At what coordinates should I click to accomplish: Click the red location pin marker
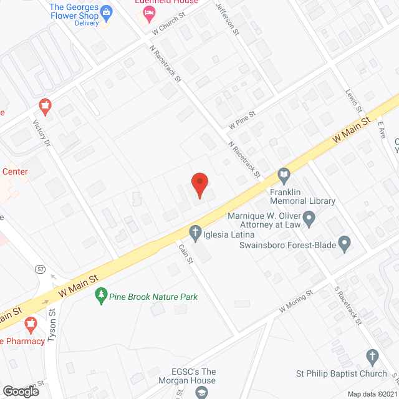(199, 185)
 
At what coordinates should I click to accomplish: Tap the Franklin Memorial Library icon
(284, 175)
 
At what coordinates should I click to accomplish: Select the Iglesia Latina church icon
(195, 234)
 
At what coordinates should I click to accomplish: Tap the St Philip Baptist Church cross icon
(373, 357)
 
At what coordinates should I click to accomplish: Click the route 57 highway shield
(41, 269)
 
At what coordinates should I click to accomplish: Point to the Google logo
(21, 391)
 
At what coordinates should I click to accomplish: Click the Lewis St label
(353, 100)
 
